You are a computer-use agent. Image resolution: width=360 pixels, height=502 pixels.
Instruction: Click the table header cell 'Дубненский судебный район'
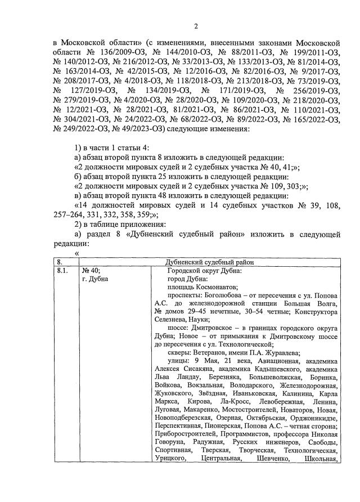210,262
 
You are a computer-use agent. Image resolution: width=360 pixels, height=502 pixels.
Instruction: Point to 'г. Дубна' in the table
95,279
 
